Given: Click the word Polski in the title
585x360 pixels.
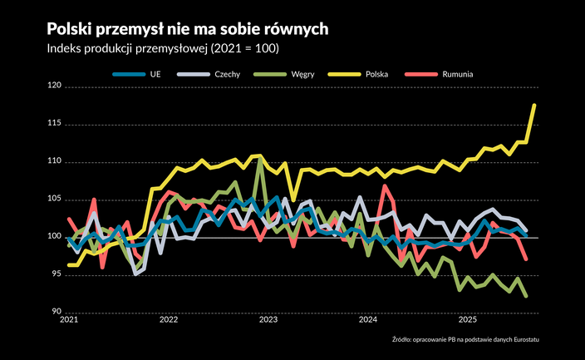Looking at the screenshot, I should [x=73, y=28].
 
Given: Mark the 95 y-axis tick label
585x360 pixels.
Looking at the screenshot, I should [x=55, y=274].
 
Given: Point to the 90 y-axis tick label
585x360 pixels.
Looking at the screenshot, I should [x=55, y=312].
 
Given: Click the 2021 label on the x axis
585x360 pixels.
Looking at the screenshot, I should [x=69, y=319].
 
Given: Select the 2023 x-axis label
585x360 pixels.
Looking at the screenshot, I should [x=268, y=319].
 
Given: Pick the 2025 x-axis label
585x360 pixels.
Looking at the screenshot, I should [x=468, y=319].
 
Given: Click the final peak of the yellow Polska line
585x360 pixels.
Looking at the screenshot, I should [x=534, y=106].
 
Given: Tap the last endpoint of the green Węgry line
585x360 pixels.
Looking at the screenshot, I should [x=527, y=295].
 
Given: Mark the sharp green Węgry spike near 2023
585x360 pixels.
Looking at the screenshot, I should [x=260, y=158].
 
